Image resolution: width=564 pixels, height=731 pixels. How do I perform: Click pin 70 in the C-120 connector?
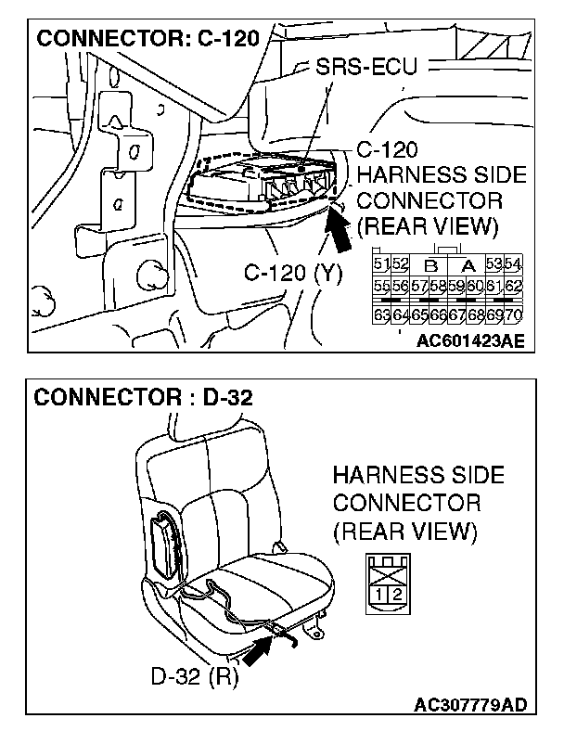click(x=514, y=314)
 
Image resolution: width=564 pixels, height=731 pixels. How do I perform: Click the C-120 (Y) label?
click(x=293, y=273)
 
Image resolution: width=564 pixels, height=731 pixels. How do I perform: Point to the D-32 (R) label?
click(x=195, y=674)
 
